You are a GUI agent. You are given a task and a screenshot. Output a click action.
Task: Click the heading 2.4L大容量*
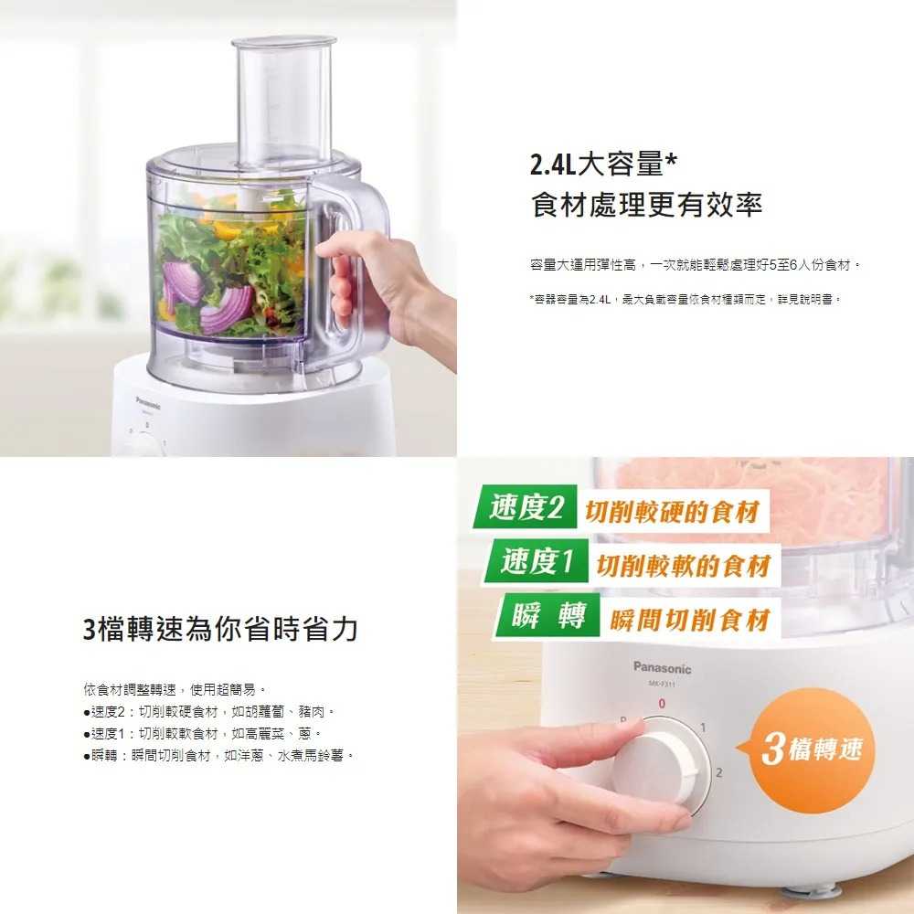pos(603,165)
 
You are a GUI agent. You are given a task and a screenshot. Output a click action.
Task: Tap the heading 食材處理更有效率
pos(646,205)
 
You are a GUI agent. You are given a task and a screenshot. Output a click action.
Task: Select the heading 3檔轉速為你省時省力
pos(220,629)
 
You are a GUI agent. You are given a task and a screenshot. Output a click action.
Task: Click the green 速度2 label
pos(526,506)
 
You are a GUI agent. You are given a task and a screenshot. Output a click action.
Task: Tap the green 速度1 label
pos(537,561)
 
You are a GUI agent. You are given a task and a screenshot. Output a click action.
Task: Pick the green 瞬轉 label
pos(547,615)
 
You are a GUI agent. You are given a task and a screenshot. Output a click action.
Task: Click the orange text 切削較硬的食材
pos(672,512)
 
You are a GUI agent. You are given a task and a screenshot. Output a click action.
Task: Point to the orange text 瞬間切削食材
pos(690,620)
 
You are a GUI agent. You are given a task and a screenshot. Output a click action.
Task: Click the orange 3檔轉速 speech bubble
pos(810,749)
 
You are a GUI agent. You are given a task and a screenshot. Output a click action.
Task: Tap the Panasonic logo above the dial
pos(662,668)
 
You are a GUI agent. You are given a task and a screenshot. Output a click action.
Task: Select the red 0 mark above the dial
pos(662,704)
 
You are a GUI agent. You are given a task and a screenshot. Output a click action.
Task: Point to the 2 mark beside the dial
pos(718,773)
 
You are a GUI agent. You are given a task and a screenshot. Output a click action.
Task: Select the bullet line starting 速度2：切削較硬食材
pos(209,712)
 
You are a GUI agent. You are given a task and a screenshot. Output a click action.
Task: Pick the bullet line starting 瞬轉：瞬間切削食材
pos(219,756)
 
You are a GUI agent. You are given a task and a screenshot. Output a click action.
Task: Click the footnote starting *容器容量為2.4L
pos(685,300)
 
